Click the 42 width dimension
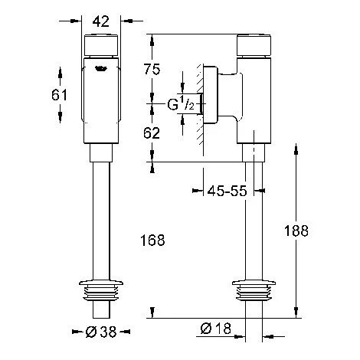(x=101, y=21)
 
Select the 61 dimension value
(x=59, y=95)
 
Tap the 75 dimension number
(x=152, y=69)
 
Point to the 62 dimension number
(x=152, y=133)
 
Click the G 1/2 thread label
(x=181, y=104)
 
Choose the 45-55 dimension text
(x=227, y=191)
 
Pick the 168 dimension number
(x=152, y=241)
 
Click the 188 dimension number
(x=296, y=231)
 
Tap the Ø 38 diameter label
(x=101, y=332)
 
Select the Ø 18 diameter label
(x=216, y=329)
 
